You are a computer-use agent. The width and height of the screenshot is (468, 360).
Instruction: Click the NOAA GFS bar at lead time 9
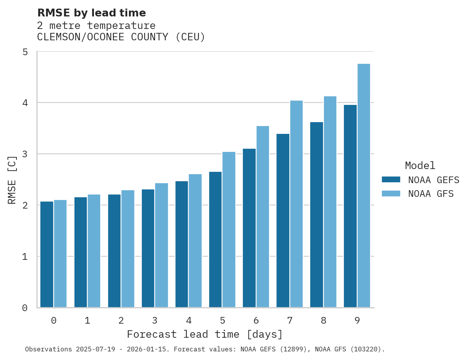[364, 185]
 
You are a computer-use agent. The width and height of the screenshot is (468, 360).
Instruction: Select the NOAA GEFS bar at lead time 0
[47, 254]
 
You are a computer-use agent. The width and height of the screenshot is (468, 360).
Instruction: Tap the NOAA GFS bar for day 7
[296, 204]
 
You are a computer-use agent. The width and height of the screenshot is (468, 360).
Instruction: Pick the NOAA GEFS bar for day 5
[215, 239]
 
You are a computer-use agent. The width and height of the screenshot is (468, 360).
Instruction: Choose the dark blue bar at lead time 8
[316, 214]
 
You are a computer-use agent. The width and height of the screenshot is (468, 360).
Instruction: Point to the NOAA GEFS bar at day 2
[114, 251]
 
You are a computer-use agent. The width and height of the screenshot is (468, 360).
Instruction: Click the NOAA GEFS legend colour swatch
[391, 180]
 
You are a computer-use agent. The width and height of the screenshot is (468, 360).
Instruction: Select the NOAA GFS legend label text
[431, 194]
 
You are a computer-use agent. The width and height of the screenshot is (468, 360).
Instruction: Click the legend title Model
[420, 166]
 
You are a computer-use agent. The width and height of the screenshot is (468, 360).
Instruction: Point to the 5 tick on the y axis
[25, 52]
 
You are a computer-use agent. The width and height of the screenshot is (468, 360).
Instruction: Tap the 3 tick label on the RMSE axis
[25, 154]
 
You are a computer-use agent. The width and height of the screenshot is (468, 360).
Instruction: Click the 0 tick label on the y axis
[25, 308]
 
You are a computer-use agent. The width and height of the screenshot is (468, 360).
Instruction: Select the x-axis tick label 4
[189, 320]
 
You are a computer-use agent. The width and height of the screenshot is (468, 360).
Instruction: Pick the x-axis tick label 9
[357, 320]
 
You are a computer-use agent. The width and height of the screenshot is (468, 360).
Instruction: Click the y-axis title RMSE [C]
[12, 180]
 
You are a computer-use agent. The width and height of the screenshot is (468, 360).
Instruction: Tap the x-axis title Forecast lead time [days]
[205, 335]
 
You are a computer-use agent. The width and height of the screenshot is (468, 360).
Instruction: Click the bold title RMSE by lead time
[92, 13]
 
